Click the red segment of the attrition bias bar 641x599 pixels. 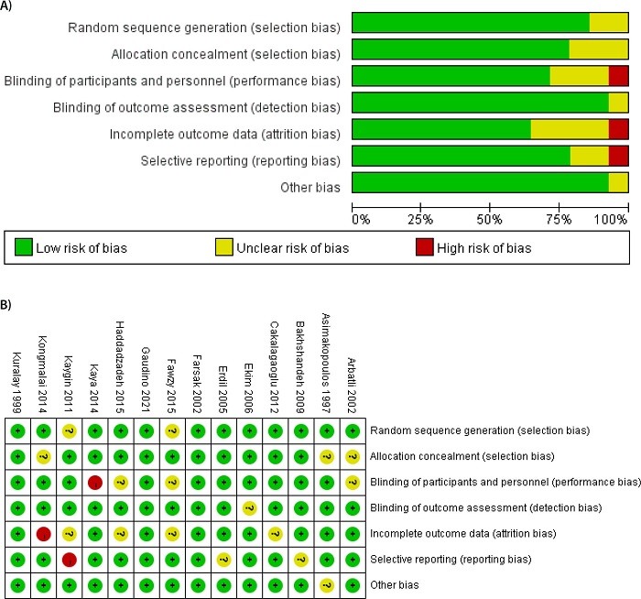tap(618, 129)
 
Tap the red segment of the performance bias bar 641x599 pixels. tap(618, 77)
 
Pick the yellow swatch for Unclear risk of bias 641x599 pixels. tap(226, 247)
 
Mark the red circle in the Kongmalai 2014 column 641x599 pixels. tap(42, 533)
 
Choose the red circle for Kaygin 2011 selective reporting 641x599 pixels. tap(68, 559)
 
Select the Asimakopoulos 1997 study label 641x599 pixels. tap(327, 363)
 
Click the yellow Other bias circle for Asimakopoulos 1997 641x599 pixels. tap(327, 584)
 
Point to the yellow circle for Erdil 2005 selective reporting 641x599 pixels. tap(223, 559)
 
